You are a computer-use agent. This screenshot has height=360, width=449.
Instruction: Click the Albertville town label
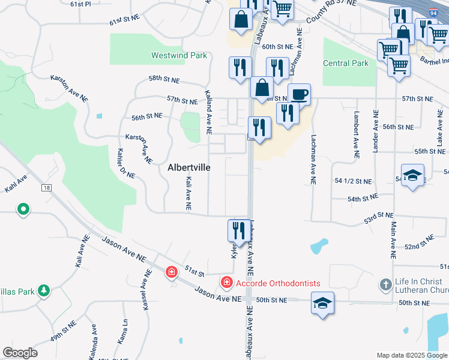coord(188,168)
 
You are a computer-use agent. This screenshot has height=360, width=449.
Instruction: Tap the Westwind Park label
coord(179,55)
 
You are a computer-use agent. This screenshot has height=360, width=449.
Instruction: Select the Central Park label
coord(345,63)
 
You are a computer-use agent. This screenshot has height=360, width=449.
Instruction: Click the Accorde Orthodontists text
coord(278,283)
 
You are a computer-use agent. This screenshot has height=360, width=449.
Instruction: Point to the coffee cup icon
coord(300,94)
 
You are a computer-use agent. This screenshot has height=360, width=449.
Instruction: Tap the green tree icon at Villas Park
coord(43,291)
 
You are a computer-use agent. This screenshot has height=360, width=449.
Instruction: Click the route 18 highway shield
coord(46,188)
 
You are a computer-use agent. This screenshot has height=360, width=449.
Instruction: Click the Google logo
coord(20,353)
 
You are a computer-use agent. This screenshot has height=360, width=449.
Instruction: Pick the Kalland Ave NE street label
coord(208,112)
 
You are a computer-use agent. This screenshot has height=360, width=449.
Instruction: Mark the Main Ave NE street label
coord(393,240)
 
